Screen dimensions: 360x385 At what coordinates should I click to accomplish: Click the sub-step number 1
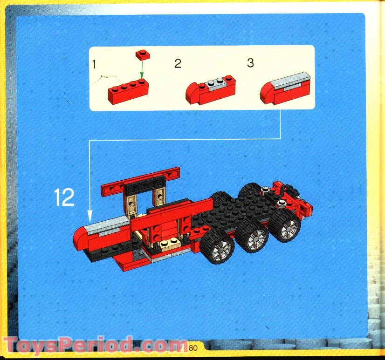pyautogui.click(x=94, y=64)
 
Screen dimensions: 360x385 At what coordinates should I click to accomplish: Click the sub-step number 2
pyautogui.click(x=178, y=64)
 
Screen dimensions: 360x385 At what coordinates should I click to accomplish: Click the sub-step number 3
pyautogui.click(x=250, y=63)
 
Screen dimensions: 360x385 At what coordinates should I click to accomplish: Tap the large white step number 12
pyautogui.click(x=64, y=197)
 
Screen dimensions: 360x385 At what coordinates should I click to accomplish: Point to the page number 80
pyautogui.click(x=194, y=346)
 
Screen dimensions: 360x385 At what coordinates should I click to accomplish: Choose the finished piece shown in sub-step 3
pyautogui.click(x=286, y=88)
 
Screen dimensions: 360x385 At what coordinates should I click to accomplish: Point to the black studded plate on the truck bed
pyautogui.click(x=233, y=205)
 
